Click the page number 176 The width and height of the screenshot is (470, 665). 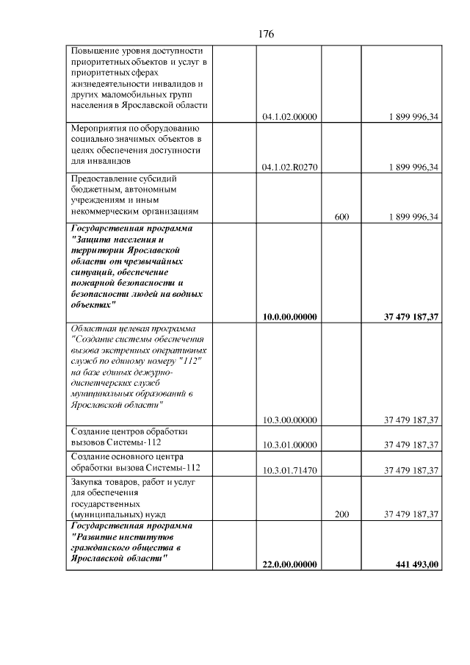click(266, 34)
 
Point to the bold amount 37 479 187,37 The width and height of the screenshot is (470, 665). click(411, 317)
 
